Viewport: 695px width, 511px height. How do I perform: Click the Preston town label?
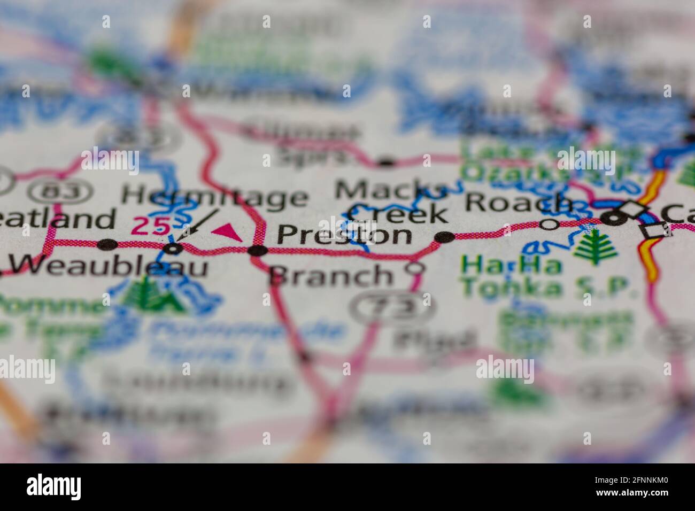(345, 235)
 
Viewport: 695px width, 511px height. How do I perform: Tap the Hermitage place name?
(214, 197)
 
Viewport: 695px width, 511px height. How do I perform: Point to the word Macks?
(390, 190)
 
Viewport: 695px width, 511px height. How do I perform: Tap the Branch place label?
(331, 275)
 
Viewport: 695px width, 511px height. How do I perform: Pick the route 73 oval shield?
(393, 308)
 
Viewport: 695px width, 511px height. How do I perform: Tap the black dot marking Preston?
(258, 250)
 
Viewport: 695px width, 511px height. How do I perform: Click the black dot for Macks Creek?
(445, 237)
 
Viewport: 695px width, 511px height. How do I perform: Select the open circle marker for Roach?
(549, 224)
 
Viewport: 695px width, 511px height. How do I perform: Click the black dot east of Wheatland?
(108, 245)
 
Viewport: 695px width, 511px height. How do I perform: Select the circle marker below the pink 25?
(172, 249)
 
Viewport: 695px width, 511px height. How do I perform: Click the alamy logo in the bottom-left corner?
(53, 486)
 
